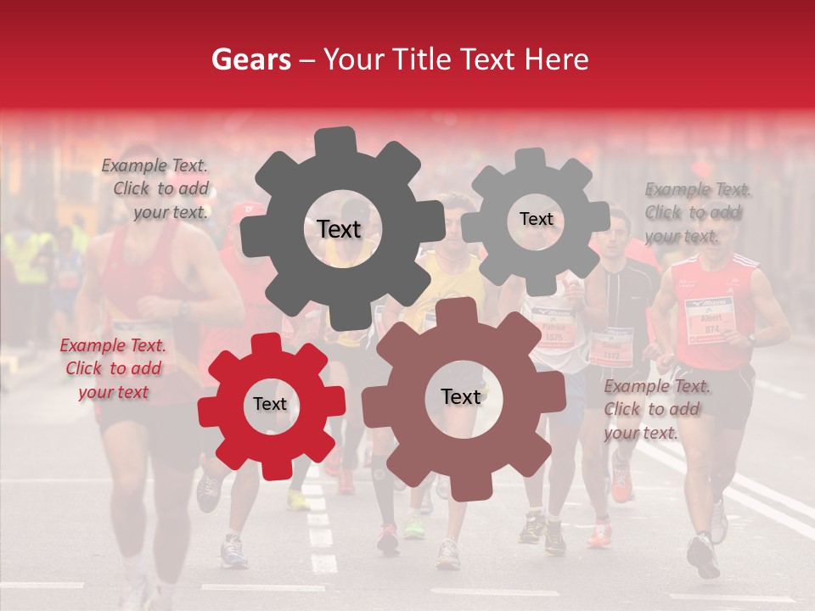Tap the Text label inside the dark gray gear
[x=339, y=229]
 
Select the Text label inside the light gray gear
[x=536, y=219]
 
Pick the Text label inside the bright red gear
[x=270, y=405]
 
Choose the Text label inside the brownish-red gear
[x=460, y=397]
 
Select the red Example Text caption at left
[x=113, y=369]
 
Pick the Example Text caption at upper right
[x=697, y=212]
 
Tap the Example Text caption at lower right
[x=655, y=410]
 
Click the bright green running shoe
[x=414, y=528]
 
